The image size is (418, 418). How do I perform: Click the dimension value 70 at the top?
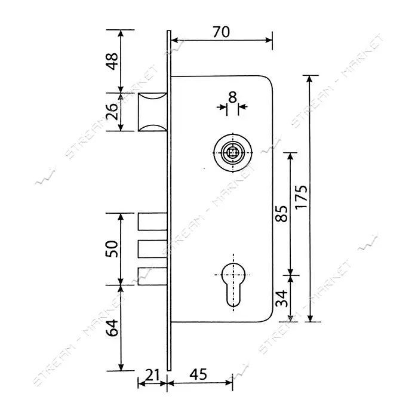[x=221, y=32]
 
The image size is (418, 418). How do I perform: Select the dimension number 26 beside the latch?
[x=112, y=111]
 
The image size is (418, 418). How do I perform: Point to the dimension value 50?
[x=112, y=249]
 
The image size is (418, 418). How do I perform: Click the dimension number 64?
[x=112, y=328]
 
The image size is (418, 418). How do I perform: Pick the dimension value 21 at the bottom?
[x=152, y=375]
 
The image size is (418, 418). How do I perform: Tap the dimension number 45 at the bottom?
[x=198, y=375]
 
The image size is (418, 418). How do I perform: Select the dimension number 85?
[x=282, y=214]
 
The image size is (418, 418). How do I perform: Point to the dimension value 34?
[x=282, y=299]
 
